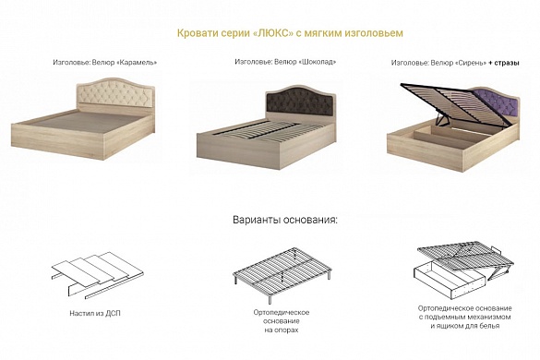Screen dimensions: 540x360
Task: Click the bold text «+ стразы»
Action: (504, 63)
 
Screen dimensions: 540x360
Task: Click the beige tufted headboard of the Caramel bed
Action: (115, 91)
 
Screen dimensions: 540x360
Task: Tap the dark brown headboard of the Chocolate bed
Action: (300, 101)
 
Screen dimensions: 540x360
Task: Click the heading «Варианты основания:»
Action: (285, 220)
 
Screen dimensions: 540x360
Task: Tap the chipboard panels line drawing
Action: (98, 274)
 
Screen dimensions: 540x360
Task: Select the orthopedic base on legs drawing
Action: (282, 273)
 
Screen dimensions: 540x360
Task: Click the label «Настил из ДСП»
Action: (95, 313)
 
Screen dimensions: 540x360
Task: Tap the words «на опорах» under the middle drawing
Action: (282, 330)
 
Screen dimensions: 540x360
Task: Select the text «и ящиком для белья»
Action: (465, 326)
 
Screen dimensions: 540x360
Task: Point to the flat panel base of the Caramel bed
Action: (88, 121)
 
